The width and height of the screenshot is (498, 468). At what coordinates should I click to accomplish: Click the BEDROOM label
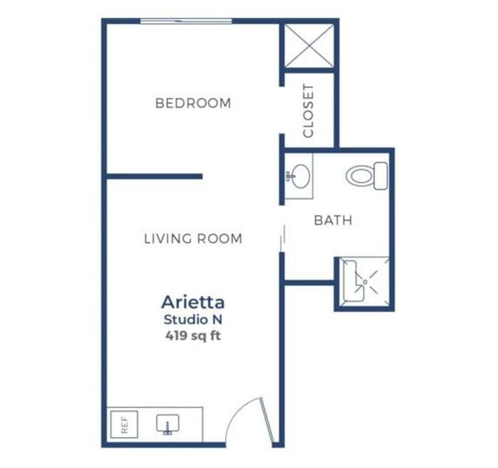point(193,103)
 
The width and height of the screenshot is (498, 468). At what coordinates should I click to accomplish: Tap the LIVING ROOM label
point(193,238)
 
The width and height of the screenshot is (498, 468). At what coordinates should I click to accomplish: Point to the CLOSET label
point(308,110)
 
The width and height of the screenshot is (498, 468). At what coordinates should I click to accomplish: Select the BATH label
point(333,220)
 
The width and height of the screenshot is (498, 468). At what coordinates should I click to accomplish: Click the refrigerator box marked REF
point(124,425)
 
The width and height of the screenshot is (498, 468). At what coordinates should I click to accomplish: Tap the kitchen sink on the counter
point(168,424)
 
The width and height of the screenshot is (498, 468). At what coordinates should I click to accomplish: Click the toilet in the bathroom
point(367,176)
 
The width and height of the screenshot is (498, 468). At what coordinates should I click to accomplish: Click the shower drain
point(365,282)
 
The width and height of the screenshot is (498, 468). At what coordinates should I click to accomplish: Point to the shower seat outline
point(353,281)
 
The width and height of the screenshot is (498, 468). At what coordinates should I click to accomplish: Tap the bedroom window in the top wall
point(186,21)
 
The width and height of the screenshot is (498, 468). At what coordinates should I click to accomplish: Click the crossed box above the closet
point(309,46)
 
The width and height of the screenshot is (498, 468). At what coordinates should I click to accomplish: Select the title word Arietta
point(193,302)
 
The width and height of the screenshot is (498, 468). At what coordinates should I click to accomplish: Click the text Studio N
point(193,320)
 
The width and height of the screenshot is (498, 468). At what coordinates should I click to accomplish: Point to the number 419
point(176,336)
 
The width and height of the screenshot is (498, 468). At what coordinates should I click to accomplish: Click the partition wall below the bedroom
point(154,176)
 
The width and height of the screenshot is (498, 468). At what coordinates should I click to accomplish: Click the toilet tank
point(381,176)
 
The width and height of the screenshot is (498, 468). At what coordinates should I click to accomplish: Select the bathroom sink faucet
point(290,176)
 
